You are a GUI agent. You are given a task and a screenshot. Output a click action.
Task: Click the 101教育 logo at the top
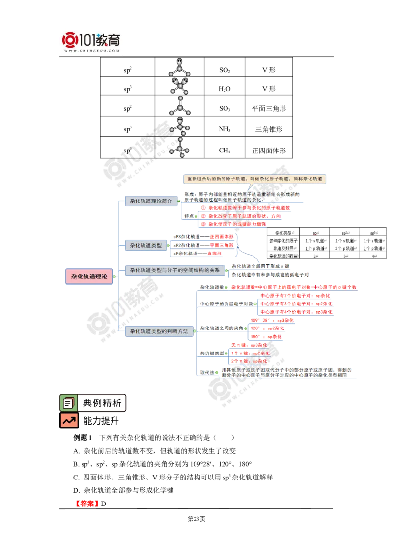click(x=92, y=41)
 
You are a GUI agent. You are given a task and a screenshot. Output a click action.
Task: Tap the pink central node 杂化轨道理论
click(x=89, y=277)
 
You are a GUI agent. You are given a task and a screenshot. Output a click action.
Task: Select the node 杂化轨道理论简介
click(x=151, y=202)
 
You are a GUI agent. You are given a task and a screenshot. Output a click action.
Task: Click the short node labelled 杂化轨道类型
click(x=145, y=245)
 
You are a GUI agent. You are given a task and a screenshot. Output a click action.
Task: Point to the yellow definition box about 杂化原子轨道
click(x=255, y=179)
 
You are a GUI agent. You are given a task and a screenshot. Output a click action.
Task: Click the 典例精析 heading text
click(x=102, y=403)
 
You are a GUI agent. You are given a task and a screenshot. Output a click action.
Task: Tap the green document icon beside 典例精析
click(x=68, y=403)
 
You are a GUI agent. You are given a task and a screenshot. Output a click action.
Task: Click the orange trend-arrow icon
click(x=69, y=420)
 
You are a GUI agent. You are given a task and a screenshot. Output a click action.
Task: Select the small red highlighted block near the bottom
click(x=87, y=503)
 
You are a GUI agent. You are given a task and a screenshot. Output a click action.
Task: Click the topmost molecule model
click(x=181, y=67)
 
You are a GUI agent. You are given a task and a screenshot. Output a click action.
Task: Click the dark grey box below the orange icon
click(x=82, y=437)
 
